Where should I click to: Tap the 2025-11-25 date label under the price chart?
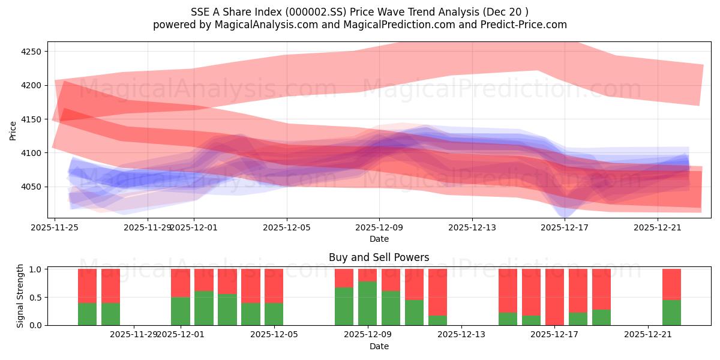[55, 227]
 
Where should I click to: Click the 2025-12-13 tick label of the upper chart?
[472, 227]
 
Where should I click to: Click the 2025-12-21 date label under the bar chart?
[648, 334]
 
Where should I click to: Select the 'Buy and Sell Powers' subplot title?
[379, 257]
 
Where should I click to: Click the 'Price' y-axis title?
[13, 130]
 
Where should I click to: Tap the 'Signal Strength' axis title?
[20, 296]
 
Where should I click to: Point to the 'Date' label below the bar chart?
[379, 346]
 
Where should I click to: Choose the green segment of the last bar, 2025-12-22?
[671, 312]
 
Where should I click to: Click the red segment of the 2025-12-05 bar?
[274, 286]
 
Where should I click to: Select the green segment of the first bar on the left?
[87, 314]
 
